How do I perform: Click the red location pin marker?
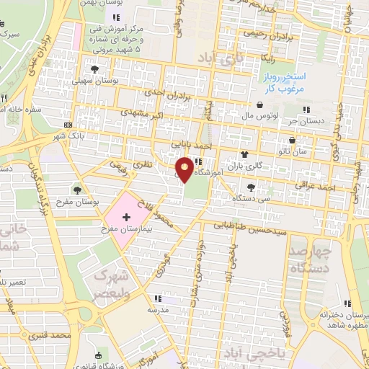pyautogui.click(x=186, y=169)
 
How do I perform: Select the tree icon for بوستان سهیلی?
pyautogui.click(x=94, y=69)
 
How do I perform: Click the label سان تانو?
pyautogui.click(x=295, y=151)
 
